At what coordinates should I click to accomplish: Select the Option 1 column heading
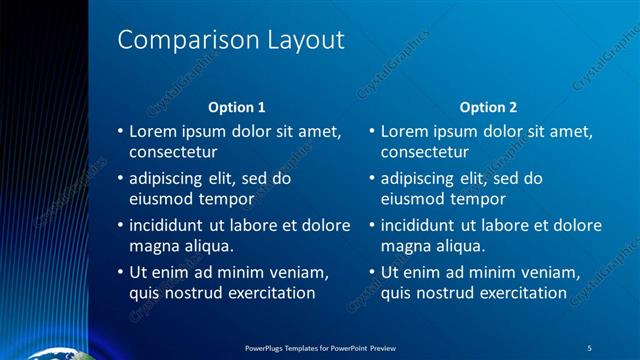[x=237, y=107]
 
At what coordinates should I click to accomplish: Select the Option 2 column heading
[x=489, y=107]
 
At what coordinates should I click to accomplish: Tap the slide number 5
[x=589, y=347]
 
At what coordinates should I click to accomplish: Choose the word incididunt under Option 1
[x=169, y=225]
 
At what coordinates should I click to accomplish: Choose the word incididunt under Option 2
[x=421, y=225]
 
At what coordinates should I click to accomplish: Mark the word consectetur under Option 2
[x=425, y=152]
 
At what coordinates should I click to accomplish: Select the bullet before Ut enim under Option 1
[x=120, y=272]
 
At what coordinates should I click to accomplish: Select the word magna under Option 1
[x=153, y=246]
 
